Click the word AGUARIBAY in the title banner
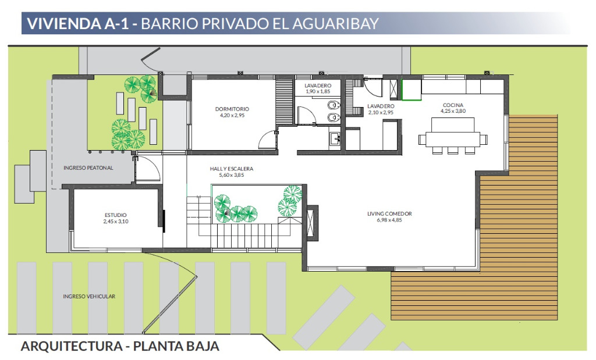[336, 23]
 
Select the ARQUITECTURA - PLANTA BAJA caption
[120, 346]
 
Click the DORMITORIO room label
[232, 109]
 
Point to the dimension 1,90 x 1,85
[318, 91]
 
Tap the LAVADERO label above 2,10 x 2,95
[381, 106]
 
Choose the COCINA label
[453, 105]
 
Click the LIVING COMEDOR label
[389, 214]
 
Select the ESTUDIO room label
[116, 215]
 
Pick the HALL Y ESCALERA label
[232, 169]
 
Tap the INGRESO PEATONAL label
[88, 168]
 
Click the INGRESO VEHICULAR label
[89, 297]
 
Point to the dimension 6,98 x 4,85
[389, 220]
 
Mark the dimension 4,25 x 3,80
[453, 111]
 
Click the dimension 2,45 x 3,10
[116, 222]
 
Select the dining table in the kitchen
[453, 139]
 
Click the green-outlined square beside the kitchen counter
[411, 90]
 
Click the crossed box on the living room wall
[312, 223]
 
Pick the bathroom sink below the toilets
[335, 138]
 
